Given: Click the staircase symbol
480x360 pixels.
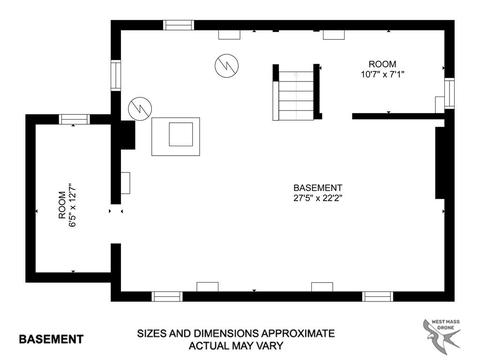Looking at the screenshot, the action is [296, 92].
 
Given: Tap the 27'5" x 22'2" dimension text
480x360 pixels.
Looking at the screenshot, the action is [318, 198].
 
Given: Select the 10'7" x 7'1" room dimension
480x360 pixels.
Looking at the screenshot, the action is [382, 74].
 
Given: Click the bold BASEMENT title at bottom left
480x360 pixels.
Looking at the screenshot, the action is [51, 339].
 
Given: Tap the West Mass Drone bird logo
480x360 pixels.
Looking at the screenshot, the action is [442, 335].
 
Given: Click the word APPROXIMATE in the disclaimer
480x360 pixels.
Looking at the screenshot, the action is [298, 333].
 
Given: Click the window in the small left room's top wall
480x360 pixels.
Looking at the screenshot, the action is [74, 119].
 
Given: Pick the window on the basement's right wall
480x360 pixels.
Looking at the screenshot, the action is [449, 93].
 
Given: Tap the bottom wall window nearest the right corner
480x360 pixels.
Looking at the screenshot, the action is [378, 296].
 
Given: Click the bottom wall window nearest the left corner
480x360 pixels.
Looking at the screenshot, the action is [167, 296].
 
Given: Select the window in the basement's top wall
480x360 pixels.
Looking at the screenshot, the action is [179, 25].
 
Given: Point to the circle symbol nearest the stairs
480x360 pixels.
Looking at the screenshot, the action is [227, 66].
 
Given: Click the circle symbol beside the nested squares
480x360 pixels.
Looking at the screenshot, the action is [140, 109].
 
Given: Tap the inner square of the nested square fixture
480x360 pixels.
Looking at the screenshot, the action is [181, 134].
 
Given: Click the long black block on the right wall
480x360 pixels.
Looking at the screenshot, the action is [440, 163].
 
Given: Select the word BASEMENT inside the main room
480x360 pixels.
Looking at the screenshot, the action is [318, 188].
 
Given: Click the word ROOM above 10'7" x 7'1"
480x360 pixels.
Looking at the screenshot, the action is [382, 64].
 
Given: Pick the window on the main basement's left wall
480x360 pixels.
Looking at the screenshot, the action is [116, 75].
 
